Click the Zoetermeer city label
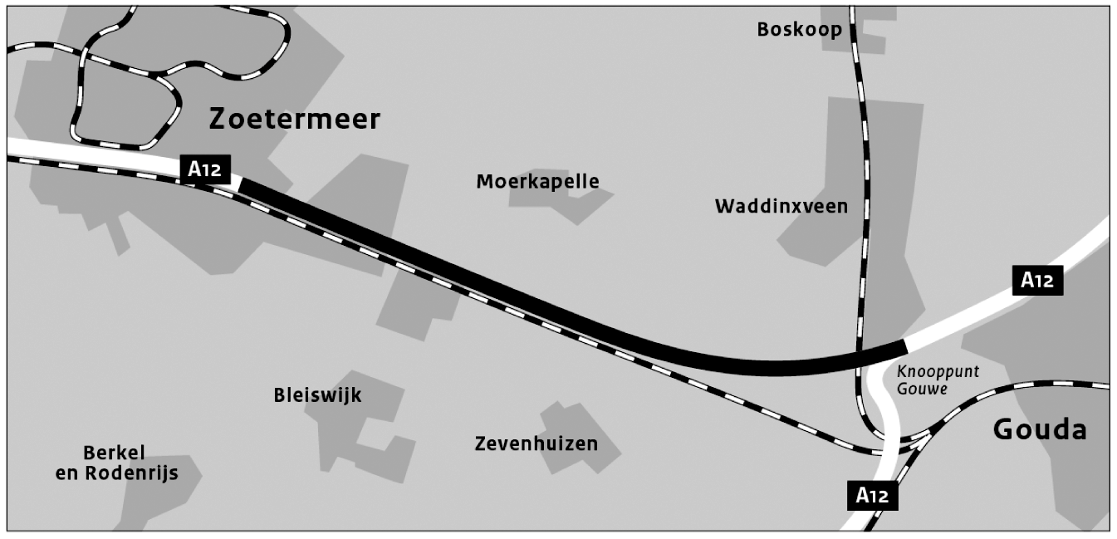(294, 119)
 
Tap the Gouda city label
(1039, 429)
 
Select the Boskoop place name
(799, 30)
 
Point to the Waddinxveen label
(781, 206)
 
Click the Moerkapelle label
(537, 181)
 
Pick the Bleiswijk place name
(317, 395)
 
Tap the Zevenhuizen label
(536, 443)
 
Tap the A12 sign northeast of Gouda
(1036, 281)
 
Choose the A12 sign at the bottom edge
(872, 496)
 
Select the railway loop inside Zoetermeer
(125, 83)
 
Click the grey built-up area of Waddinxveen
(872, 149)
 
